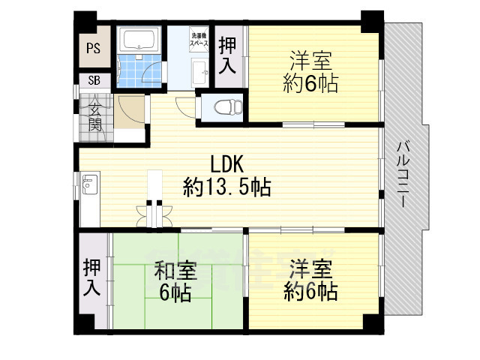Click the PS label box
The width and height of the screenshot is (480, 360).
(93, 49)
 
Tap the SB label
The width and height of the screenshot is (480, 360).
(93, 80)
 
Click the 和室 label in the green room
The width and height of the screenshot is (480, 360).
(176, 268)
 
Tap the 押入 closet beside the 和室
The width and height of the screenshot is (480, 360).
(92, 277)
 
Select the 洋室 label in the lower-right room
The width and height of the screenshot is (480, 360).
(310, 268)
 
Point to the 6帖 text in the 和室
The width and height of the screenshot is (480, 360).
(176, 292)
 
